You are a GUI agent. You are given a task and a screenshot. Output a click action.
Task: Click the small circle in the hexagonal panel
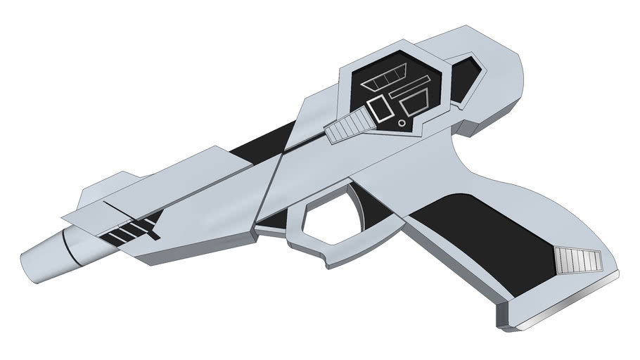(402, 122)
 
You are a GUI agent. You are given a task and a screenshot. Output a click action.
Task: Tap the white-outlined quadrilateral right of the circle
(417, 105)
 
